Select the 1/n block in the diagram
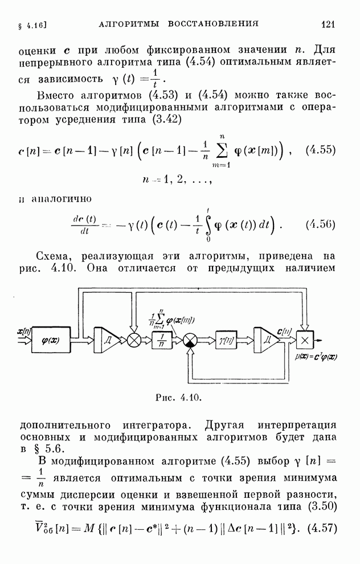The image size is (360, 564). coord(162,340)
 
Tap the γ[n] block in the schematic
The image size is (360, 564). coord(226,340)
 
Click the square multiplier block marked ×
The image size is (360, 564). coord(305,340)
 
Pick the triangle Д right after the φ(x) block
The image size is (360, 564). coord(107,340)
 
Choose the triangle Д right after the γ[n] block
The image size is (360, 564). coord(266,340)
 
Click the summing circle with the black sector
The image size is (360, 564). coord(191,340)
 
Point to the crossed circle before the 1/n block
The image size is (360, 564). coord(134,340)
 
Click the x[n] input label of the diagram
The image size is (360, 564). coord(24,330)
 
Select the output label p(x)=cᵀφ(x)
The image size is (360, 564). coord(316,357)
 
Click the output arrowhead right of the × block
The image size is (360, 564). coord(320,340)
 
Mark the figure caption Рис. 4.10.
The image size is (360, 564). coord(178,398)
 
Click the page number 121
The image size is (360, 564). coord(328,24)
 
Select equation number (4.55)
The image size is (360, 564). coord(321,150)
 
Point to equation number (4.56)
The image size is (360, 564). coord(321,224)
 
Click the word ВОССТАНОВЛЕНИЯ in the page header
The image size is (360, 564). coord(213,24)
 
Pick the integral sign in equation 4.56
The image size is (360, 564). coord(208,225)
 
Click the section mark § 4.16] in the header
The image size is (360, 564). coord(32,25)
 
